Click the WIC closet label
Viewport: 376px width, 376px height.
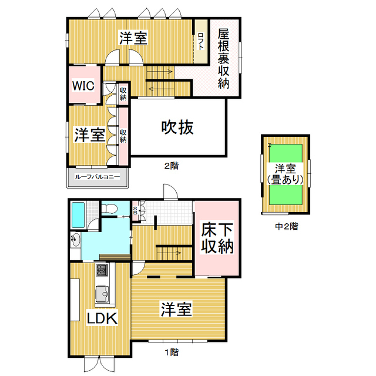83,85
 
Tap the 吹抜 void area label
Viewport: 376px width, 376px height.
177,127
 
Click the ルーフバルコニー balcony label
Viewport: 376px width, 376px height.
97,177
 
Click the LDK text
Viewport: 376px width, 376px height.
103,318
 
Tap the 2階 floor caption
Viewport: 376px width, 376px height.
171,166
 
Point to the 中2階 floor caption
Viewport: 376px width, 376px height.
286,226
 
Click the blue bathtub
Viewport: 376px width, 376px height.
79,216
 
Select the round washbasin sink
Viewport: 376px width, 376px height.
76,239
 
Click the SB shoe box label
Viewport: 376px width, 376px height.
135,210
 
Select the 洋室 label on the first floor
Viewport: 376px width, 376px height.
176,309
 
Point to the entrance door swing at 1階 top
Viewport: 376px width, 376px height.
169,192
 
